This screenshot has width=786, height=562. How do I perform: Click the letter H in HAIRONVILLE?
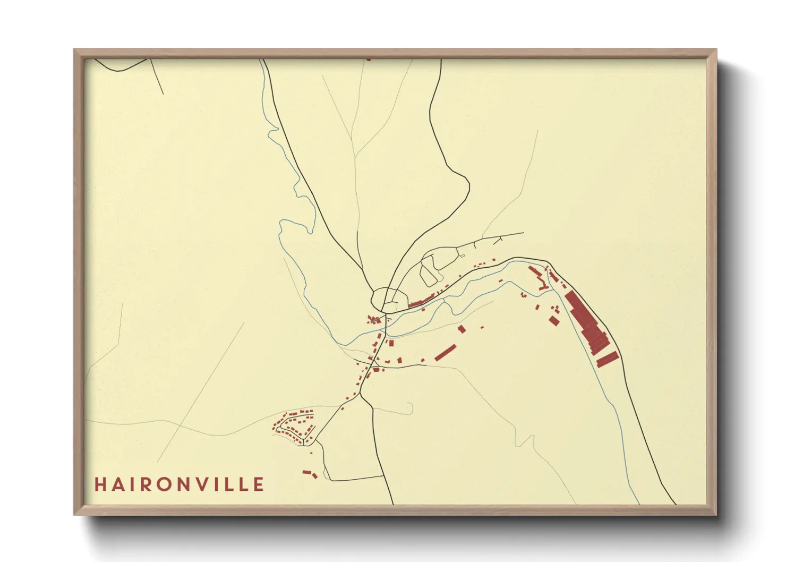(x=100, y=484)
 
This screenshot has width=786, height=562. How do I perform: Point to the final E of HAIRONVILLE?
(x=259, y=484)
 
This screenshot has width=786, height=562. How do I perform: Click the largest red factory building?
(x=586, y=322)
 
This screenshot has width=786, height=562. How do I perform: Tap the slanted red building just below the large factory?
(x=607, y=359)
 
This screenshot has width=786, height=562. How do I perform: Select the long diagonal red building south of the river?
(x=446, y=353)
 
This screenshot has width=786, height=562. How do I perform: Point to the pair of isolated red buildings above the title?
(x=310, y=473)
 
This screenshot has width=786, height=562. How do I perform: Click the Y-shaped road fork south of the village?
(x=360, y=394)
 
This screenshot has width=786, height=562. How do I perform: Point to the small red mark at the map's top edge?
(x=368, y=59)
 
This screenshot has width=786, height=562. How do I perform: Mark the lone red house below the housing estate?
(x=311, y=453)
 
